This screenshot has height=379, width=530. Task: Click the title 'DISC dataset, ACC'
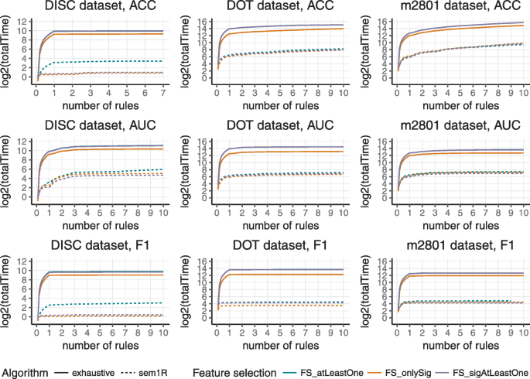click(x=95, y=8)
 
